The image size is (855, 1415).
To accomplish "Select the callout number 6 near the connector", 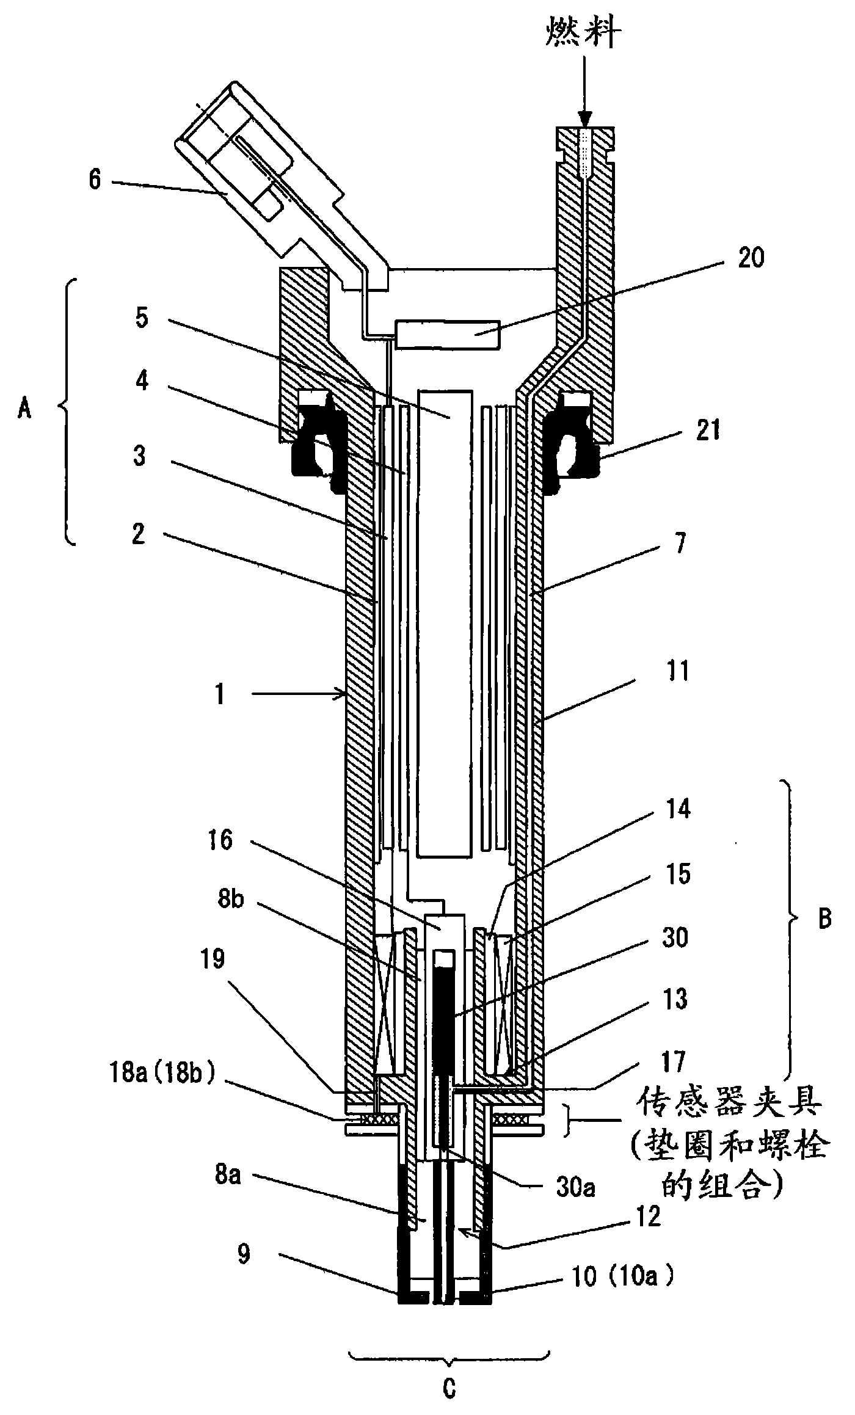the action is pyautogui.click(x=95, y=181).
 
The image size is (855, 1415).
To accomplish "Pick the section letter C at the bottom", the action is pyautogui.click(x=449, y=1386).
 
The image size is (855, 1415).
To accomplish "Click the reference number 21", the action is pyautogui.click(x=708, y=430).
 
